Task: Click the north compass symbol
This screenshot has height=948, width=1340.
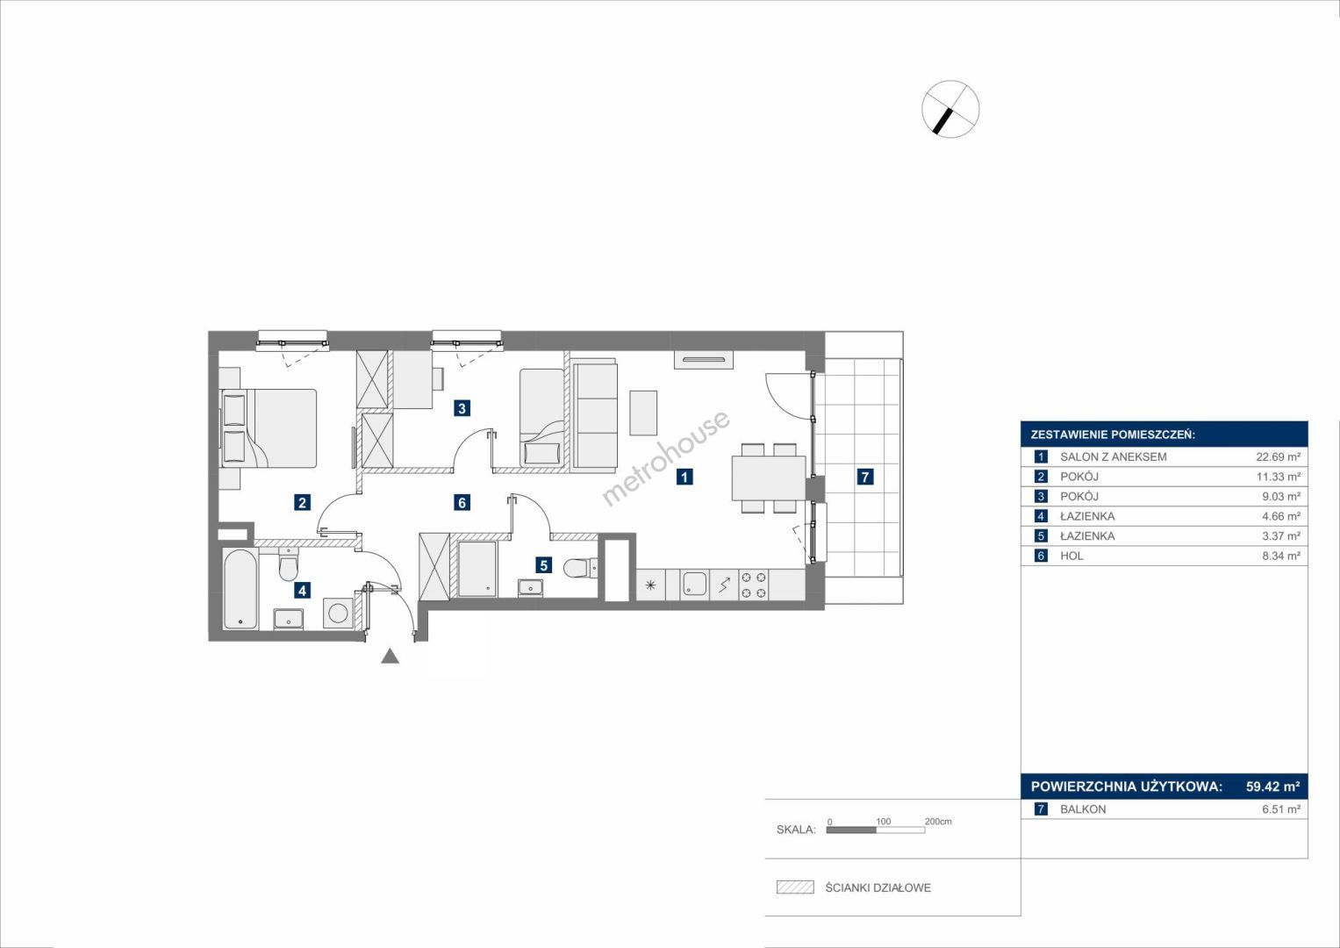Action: click(x=950, y=109)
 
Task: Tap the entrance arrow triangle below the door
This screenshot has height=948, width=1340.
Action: click(x=390, y=657)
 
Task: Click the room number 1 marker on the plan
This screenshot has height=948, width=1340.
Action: click(x=684, y=477)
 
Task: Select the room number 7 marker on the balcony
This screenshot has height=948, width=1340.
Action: click(x=864, y=477)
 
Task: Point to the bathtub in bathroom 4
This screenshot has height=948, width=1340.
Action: click(x=241, y=589)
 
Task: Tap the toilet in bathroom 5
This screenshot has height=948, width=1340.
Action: click(x=580, y=566)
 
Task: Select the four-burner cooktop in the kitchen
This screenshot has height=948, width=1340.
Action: click(x=754, y=585)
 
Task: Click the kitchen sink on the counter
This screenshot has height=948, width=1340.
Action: click(x=694, y=585)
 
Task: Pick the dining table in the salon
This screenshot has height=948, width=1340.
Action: click(x=769, y=478)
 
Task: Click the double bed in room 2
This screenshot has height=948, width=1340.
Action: click(x=269, y=428)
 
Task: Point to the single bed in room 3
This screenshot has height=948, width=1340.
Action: click(x=541, y=417)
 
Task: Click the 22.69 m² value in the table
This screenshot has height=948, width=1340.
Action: click(x=1279, y=457)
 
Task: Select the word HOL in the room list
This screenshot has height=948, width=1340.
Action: click(x=1071, y=556)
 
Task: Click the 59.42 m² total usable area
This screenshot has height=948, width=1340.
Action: click(x=1273, y=786)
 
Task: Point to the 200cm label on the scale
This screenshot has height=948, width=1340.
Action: click(x=938, y=822)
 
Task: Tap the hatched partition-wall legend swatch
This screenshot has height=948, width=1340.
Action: click(x=795, y=887)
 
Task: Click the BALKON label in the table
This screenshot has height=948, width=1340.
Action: click(x=1083, y=809)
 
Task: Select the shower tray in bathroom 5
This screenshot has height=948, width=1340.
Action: click(x=477, y=569)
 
